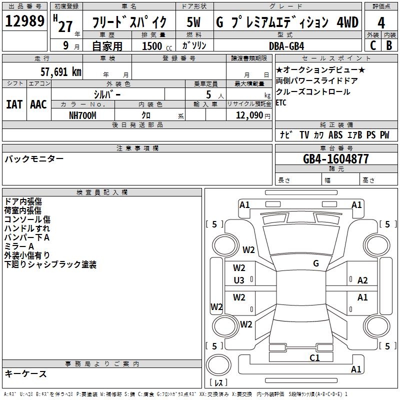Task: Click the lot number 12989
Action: [24, 21]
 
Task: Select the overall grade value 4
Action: [381, 22]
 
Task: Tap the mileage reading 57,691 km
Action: [61, 72]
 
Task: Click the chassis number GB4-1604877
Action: [335, 159]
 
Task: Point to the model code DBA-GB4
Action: [286, 46]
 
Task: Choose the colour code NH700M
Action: [82, 115]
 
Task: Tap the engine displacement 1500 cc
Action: [157, 46]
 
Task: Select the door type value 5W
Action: [193, 22]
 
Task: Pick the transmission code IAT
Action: [14, 104]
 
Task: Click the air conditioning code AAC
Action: [38, 104]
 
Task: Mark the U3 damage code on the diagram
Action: [239, 280]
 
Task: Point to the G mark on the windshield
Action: [316, 263]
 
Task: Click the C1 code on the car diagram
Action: [314, 357]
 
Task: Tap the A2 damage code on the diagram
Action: [362, 280]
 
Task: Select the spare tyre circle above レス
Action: [218, 365]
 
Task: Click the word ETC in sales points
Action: [281, 102]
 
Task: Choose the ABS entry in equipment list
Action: [335, 134]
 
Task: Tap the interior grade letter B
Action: [389, 45]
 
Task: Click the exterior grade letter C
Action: [373, 45]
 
